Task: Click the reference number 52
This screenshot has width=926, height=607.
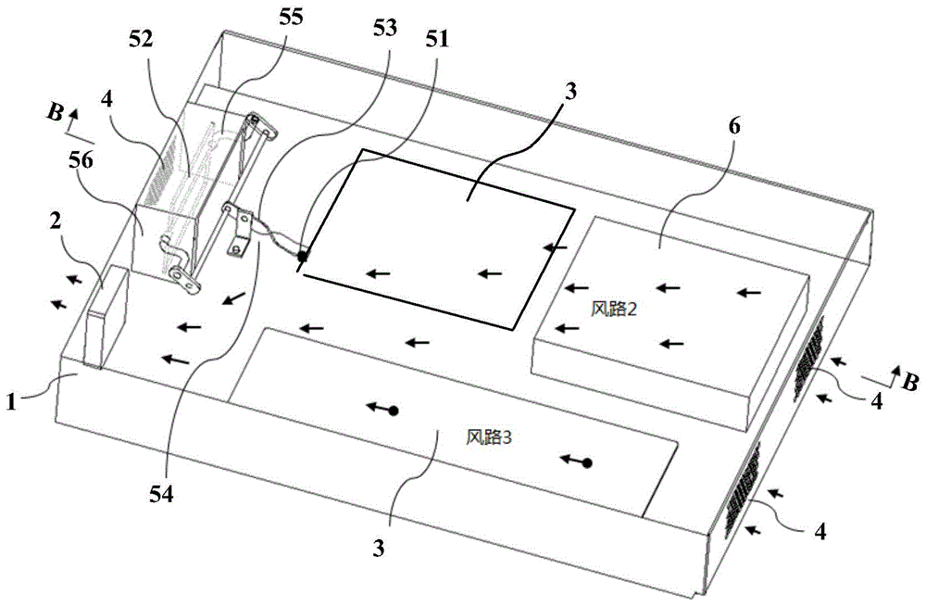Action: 143,40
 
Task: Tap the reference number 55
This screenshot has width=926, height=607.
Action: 291,17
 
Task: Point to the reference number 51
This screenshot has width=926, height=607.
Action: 438,40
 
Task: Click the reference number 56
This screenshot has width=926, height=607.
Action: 81,160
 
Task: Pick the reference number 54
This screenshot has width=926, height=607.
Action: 162,494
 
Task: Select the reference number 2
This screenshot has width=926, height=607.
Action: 56,222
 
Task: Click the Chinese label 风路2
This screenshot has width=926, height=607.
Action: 614,309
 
